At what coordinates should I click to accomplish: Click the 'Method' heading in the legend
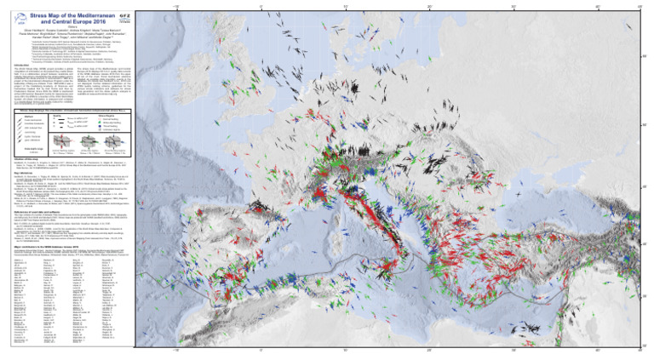coord(31,117)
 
